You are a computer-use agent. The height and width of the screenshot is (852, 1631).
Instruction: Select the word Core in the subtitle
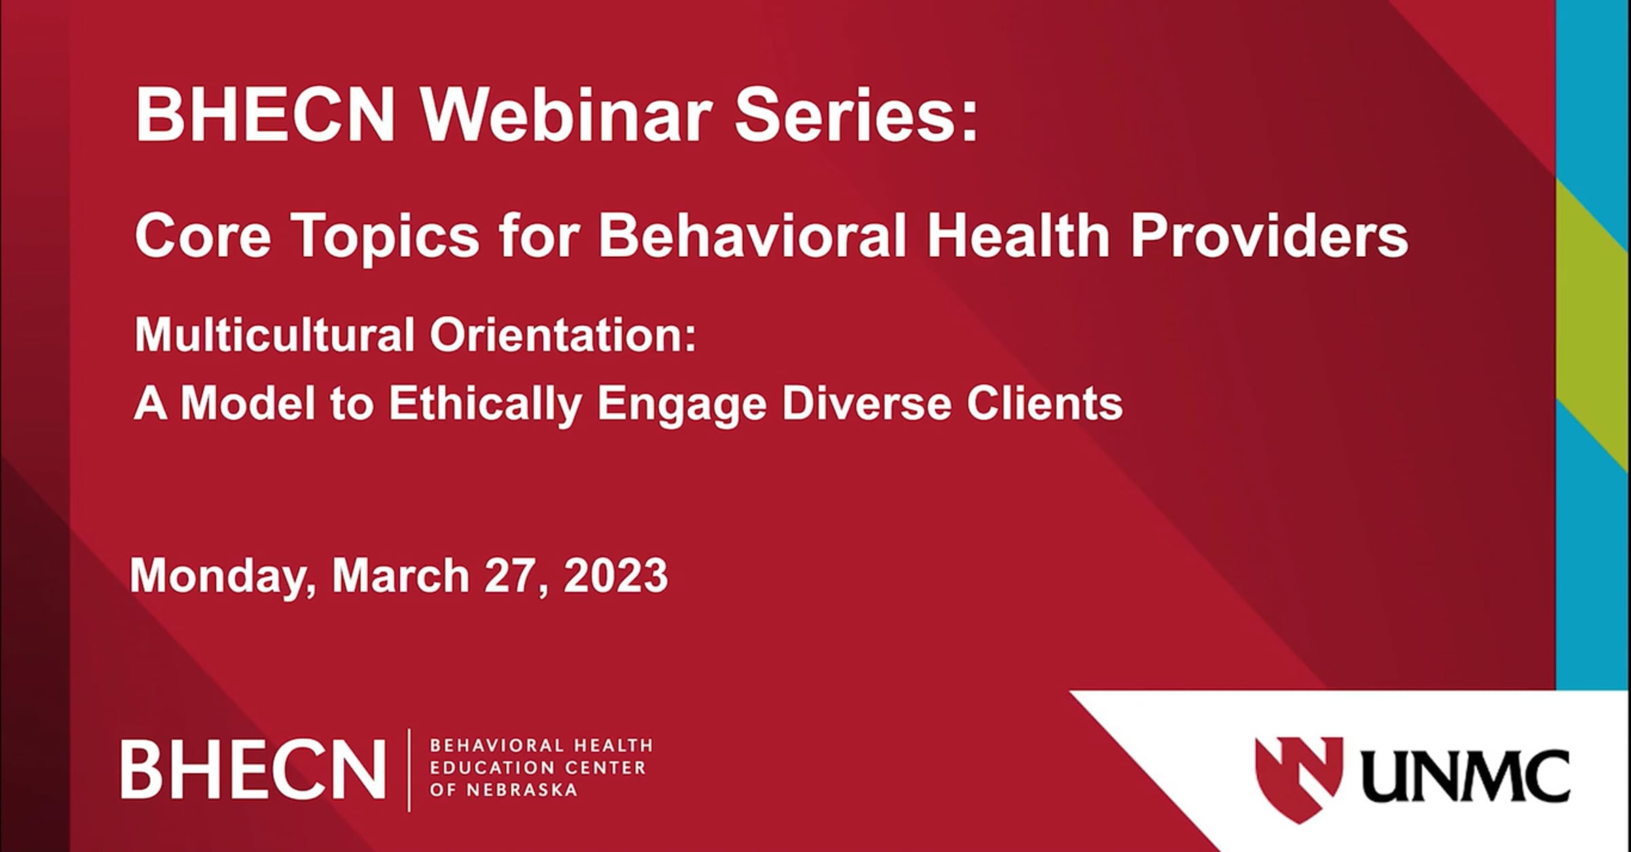tap(203, 235)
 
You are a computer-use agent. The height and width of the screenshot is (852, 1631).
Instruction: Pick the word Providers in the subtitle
tap(1269, 235)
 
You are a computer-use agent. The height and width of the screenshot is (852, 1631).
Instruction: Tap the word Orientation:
tap(563, 334)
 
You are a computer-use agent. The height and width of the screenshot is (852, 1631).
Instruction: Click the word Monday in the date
tap(223, 577)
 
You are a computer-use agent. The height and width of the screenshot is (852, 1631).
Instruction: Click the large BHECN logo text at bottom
tap(253, 769)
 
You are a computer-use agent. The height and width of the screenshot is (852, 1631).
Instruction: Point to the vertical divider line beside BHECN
tap(409, 770)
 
